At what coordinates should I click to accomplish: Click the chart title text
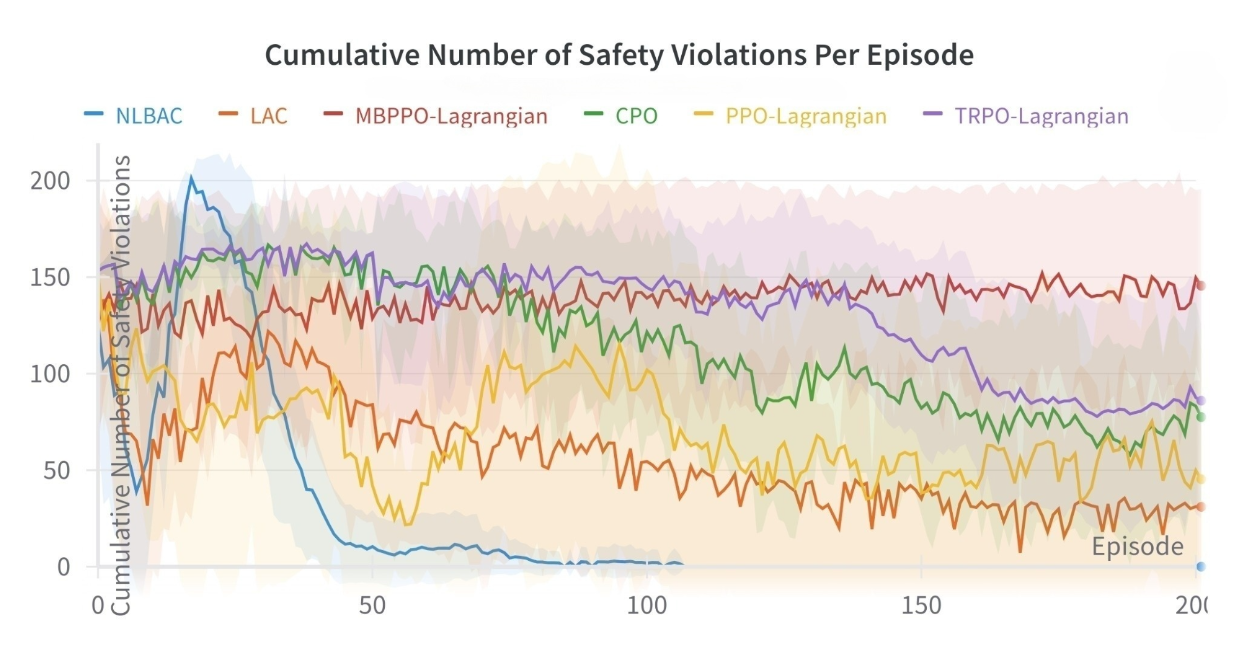coord(619,55)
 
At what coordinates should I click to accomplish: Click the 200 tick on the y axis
coord(50,181)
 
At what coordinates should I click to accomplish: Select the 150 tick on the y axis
coord(50,277)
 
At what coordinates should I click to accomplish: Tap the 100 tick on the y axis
coord(50,374)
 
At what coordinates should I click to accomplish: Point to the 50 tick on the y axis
coord(57,471)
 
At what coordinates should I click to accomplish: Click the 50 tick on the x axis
coord(372,606)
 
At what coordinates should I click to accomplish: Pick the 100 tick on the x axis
coord(647,606)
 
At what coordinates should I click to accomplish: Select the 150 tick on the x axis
coord(921,606)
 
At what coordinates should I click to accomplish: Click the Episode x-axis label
coord(1137,546)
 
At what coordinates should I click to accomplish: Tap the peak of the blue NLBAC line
coord(191,177)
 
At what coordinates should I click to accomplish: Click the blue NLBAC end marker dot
coord(1200,567)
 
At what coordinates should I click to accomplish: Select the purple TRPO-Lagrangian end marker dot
coord(1200,401)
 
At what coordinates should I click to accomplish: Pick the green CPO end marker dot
coord(1200,417)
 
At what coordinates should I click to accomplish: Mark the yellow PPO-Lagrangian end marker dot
coord(1200,479)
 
